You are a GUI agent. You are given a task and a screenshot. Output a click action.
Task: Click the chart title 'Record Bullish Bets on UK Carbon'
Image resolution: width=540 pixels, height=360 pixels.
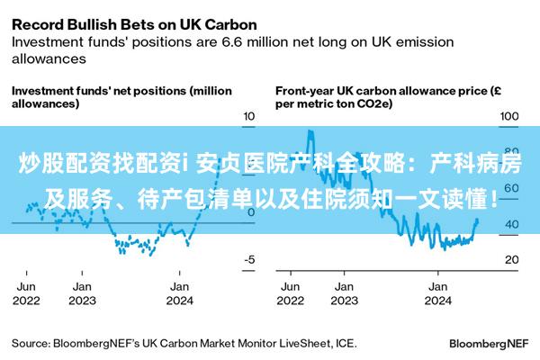click(x=134, y=22)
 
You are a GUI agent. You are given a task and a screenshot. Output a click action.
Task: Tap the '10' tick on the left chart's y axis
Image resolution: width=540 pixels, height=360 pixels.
click(x=249, y=117)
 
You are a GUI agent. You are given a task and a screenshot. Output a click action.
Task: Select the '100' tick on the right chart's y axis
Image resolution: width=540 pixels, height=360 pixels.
click(x=508, y=117)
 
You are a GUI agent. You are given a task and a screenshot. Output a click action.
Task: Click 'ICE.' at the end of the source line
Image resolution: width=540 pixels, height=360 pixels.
click(x=345, y=343)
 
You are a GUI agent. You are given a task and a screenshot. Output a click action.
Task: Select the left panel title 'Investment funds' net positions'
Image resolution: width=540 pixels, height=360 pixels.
click(x=121, y=97)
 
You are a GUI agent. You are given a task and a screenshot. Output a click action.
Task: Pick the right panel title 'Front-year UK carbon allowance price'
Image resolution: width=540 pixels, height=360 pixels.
click(x=382, y=97)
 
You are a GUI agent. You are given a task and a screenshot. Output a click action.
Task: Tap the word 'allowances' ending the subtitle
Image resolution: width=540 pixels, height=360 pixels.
click(x=49, y=58)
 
